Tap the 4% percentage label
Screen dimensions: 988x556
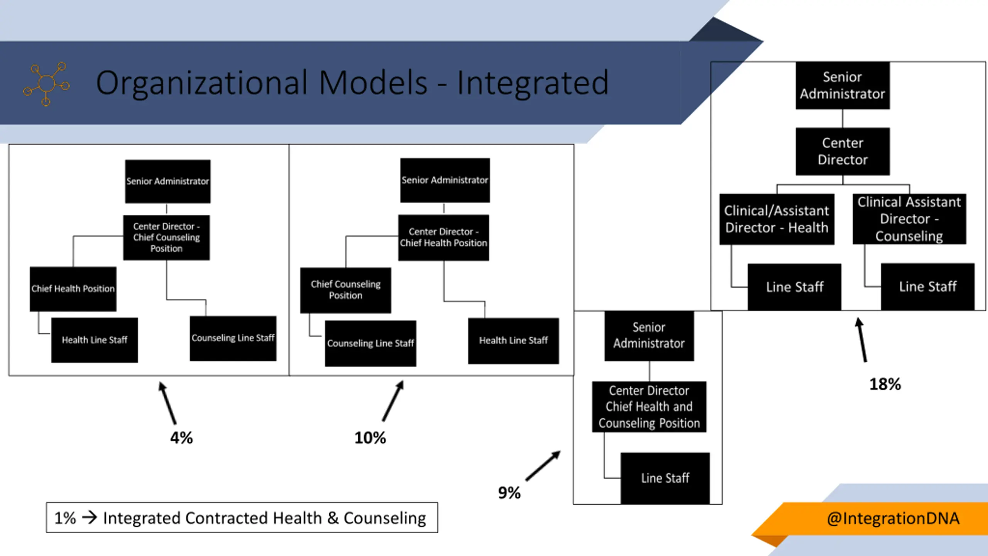[181, 438]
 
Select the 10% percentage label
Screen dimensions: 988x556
[370, 438]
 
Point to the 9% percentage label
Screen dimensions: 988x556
[509, 493]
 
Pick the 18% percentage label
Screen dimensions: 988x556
[885, 384]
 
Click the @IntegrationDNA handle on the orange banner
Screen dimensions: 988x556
[893, 518]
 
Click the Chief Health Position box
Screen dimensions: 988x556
[73, 289]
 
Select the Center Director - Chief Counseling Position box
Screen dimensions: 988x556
[167, 237]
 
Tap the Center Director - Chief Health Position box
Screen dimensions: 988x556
[444, 237]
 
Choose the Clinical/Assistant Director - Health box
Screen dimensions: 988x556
[777, 219]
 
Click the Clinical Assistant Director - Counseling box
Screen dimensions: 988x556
[910, 219]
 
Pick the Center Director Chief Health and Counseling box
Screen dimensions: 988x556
[649, 407]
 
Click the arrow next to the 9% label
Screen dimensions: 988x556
[543, 466]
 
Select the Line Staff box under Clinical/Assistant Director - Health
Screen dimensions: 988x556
[795, 287]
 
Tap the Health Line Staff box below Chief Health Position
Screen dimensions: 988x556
[95, 340]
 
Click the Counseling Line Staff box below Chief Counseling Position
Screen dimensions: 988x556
[370, 343]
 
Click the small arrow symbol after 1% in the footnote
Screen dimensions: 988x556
[90, 517]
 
